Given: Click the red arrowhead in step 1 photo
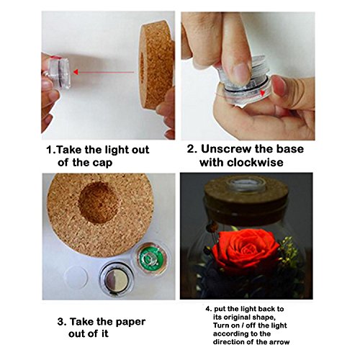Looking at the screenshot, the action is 76,72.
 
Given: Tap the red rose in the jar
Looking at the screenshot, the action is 246,250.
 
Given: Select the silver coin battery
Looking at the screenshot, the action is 117,280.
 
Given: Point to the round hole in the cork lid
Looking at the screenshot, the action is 99,202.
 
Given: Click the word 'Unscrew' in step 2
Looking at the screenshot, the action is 225,149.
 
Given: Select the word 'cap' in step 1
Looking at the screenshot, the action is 102,163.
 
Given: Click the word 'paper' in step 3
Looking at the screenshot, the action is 131,322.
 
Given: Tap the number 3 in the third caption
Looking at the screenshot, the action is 60,322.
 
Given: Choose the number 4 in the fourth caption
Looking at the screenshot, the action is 208,309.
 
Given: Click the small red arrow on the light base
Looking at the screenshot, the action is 263,92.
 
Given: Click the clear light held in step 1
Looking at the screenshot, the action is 58,72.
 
